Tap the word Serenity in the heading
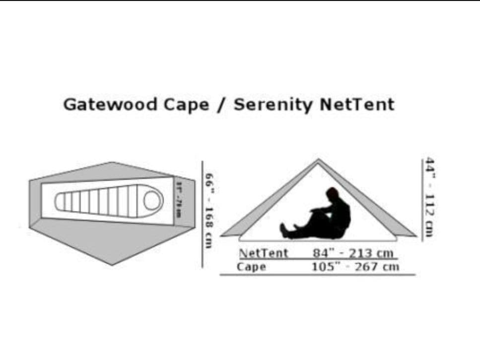[x=274, y=105]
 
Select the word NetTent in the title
[x=357, y=105]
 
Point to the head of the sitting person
[x=332, y=194]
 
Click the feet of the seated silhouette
[x=284, y=230]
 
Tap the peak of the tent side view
[x=318, y=160]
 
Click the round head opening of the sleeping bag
[x=153, y=201]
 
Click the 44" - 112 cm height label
[x=429, y=197]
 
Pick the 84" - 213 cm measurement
[x=353, y=253]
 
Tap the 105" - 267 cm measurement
[x=355, y=267]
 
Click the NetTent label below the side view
[x=263, y=253]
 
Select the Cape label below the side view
[x=251, y=267]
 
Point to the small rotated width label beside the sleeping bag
[x=178, y=199]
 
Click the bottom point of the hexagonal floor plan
[x=112, y=265]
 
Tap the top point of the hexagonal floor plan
[x=113, y=162]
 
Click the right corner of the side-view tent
[x=415, y=235]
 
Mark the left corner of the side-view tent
[x=221, y=235]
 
